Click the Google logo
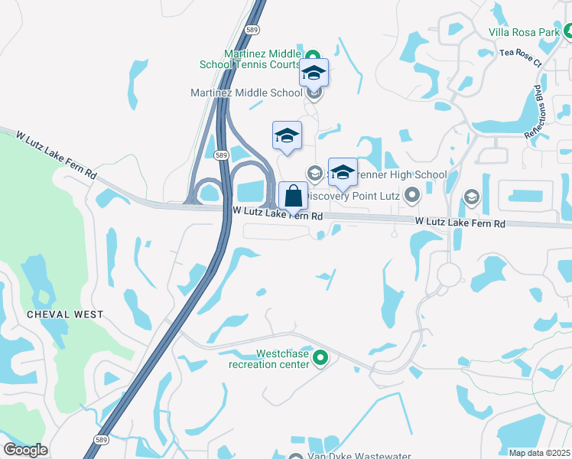click(x=25, y=450)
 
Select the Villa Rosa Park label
click(x=524, y=32)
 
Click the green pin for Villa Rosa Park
click(x=567, y=32)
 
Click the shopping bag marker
click(x=294, y=197)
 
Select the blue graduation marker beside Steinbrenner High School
click(x=343, y=173)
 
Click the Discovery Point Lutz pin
click(x=412, y=196)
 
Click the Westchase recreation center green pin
click(x=320, y=357)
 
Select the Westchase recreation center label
click(x=271, y=360)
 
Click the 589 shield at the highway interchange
click(x=221, y=155)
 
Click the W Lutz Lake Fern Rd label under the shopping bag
click(x=278, y=216)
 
